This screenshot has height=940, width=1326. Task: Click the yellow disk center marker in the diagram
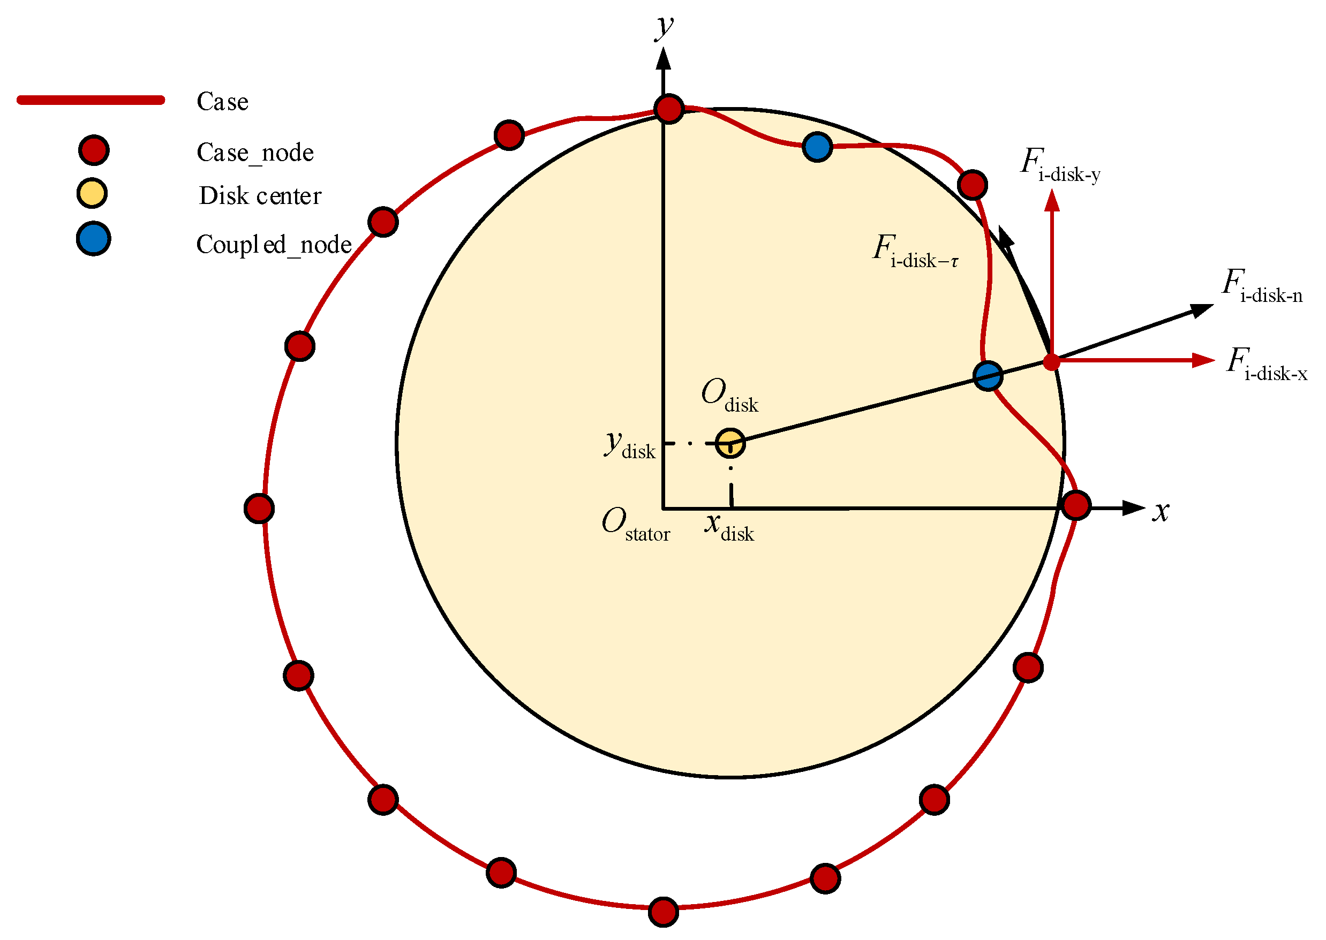tap(730, 443)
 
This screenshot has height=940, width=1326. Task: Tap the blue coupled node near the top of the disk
tap(817, 147)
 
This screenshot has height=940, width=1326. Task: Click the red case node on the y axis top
tap(669, 109)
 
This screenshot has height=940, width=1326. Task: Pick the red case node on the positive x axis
tap(1076, 505)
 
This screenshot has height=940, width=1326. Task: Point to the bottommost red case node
tap(663, 912)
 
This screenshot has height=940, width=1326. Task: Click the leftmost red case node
tap(259, 509)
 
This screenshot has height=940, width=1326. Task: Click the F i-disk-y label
tap(1060, 165)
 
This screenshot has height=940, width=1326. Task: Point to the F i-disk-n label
tap(1262, 286)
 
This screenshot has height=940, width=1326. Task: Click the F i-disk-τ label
tap(915, 252)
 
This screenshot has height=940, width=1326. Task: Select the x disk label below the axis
tap(729, 527)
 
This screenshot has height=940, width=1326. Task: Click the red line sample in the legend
tap(91, 100)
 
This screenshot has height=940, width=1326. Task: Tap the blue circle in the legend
tap(93, 238)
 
